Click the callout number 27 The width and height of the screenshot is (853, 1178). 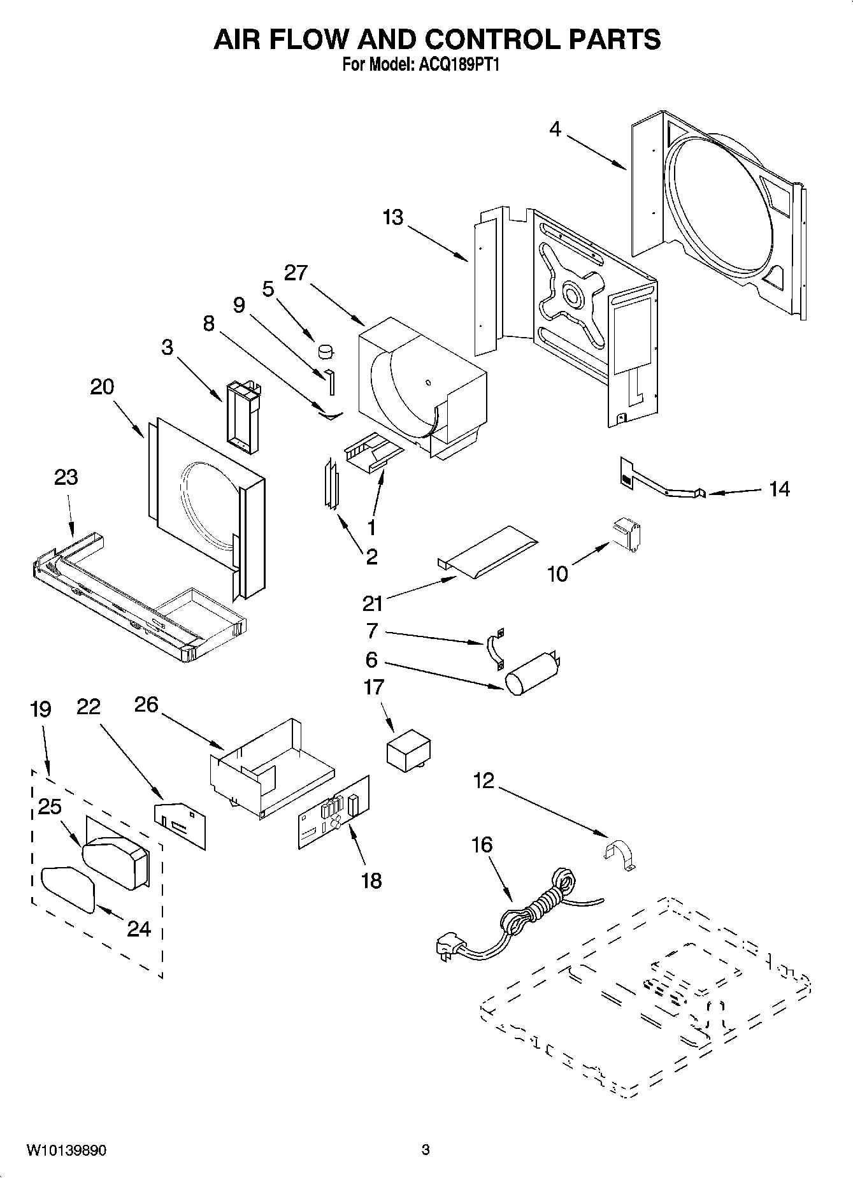click(x=296, y=273)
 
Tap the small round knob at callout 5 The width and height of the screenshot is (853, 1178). click(x=326, y=350)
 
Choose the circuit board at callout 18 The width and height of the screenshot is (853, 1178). click(x=333, y=812)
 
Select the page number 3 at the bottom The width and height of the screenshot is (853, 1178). click(x=426, y=1150)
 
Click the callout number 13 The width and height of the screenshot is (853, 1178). click(x=393, y=217)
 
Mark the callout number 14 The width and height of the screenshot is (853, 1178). click(x=779, y=489)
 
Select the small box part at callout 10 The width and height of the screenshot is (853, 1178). click(x=627, y=533)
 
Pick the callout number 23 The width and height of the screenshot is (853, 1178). click(x=66, y=477)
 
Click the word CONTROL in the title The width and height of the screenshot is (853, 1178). click(x=494, y=40)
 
